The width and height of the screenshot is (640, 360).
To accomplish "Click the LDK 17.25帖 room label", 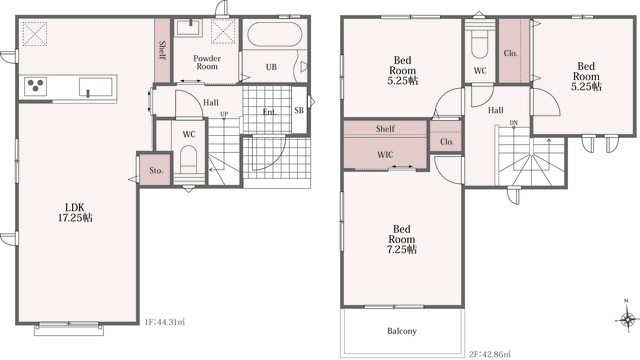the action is [x=75, y=213].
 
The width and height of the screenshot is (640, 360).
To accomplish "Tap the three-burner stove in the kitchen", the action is [x=35, y=86].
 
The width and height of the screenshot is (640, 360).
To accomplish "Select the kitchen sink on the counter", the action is [x=96, y=87].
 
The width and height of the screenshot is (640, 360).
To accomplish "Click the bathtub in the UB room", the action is [x=275, y=34].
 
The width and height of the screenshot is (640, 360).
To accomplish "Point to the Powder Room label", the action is [x=207, y=62].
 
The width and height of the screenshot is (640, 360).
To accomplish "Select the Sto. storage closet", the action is [x=155, y=170].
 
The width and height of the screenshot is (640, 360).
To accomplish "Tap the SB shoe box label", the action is [x=299, y=110].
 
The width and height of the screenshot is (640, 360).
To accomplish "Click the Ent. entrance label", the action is [x=270, y=112].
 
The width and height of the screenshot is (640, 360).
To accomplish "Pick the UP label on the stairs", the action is [x=224, y=114].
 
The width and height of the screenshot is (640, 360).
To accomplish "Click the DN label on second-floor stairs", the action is [x=513, y=122].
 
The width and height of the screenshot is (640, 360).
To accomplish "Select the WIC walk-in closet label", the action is [x=385, y=155].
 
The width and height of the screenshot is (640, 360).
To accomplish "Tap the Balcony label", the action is [x=402, y=331].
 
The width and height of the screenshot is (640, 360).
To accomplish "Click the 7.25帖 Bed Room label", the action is [x=402, y=239].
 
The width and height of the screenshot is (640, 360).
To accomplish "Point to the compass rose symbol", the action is [x=627, y=318].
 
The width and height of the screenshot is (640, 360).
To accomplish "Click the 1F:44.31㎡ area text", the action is [x=165, y=322].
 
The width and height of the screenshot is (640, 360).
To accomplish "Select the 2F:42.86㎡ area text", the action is [x=490, y=354].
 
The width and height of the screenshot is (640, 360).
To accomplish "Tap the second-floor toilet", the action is [x=480, y=46].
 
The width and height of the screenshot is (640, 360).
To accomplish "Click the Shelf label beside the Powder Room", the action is [x=162, y=50].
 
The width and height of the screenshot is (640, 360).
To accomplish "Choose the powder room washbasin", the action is [x=188, y=28].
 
